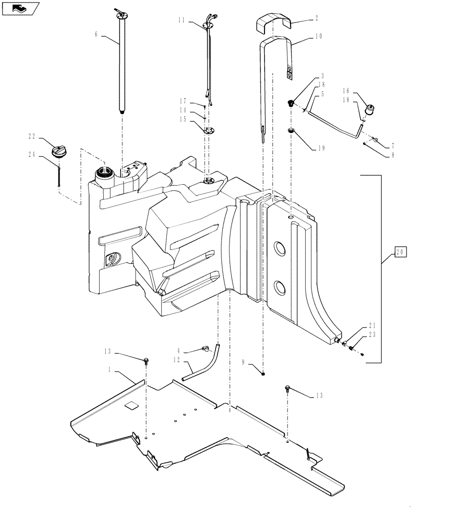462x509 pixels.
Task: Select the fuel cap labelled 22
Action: click(x=60, y=151)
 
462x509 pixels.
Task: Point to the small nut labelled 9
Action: click(x=263, y=374)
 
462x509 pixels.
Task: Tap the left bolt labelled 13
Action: click(x=147, y=362)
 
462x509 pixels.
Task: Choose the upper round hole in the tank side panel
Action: click(x=280, y=249)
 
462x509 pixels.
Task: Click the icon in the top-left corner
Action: click(x=20, y=8)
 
